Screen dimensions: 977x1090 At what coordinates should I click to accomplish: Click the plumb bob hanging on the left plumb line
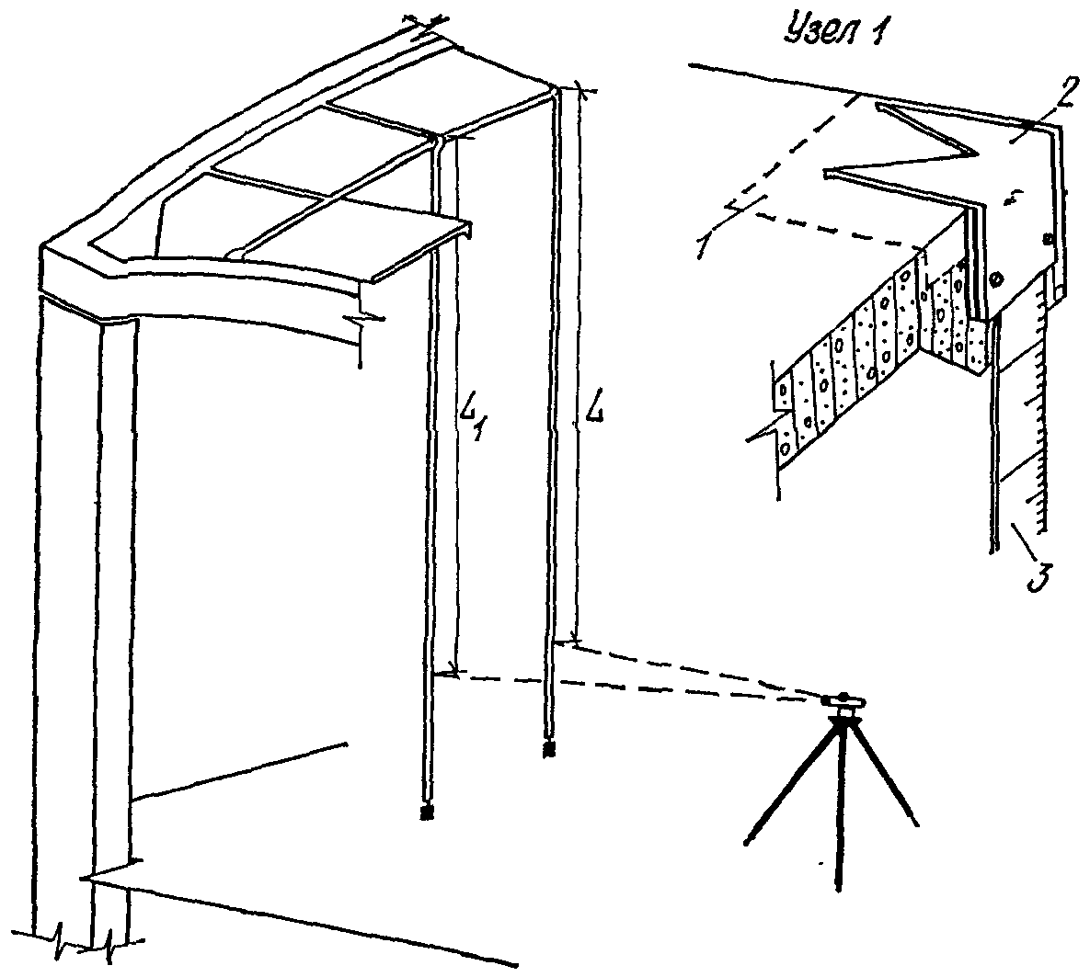(x=426, y=812)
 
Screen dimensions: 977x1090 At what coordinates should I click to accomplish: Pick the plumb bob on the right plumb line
(x=549, y=750)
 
